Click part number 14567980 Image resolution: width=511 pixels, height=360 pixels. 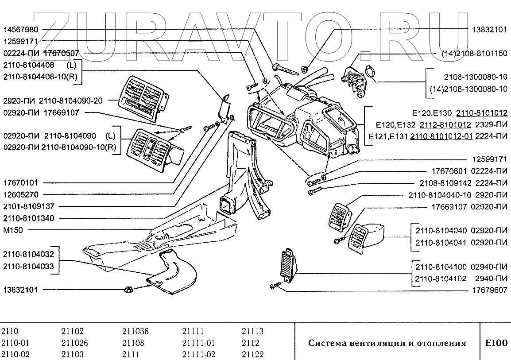point(21,29)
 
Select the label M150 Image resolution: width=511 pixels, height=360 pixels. point(13,230)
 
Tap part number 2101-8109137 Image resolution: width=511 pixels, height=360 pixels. point(28,206)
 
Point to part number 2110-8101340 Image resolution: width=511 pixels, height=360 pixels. point(28,218)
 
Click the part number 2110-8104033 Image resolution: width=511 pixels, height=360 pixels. point(28,267)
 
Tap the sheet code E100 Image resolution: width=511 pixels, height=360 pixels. point(496,343)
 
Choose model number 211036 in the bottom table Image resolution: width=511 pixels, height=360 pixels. point(135,331)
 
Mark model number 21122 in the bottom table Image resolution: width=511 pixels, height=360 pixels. point(252,354)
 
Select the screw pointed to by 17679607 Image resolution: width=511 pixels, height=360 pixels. point(275,286)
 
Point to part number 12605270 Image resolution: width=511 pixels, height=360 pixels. point(21,194)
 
